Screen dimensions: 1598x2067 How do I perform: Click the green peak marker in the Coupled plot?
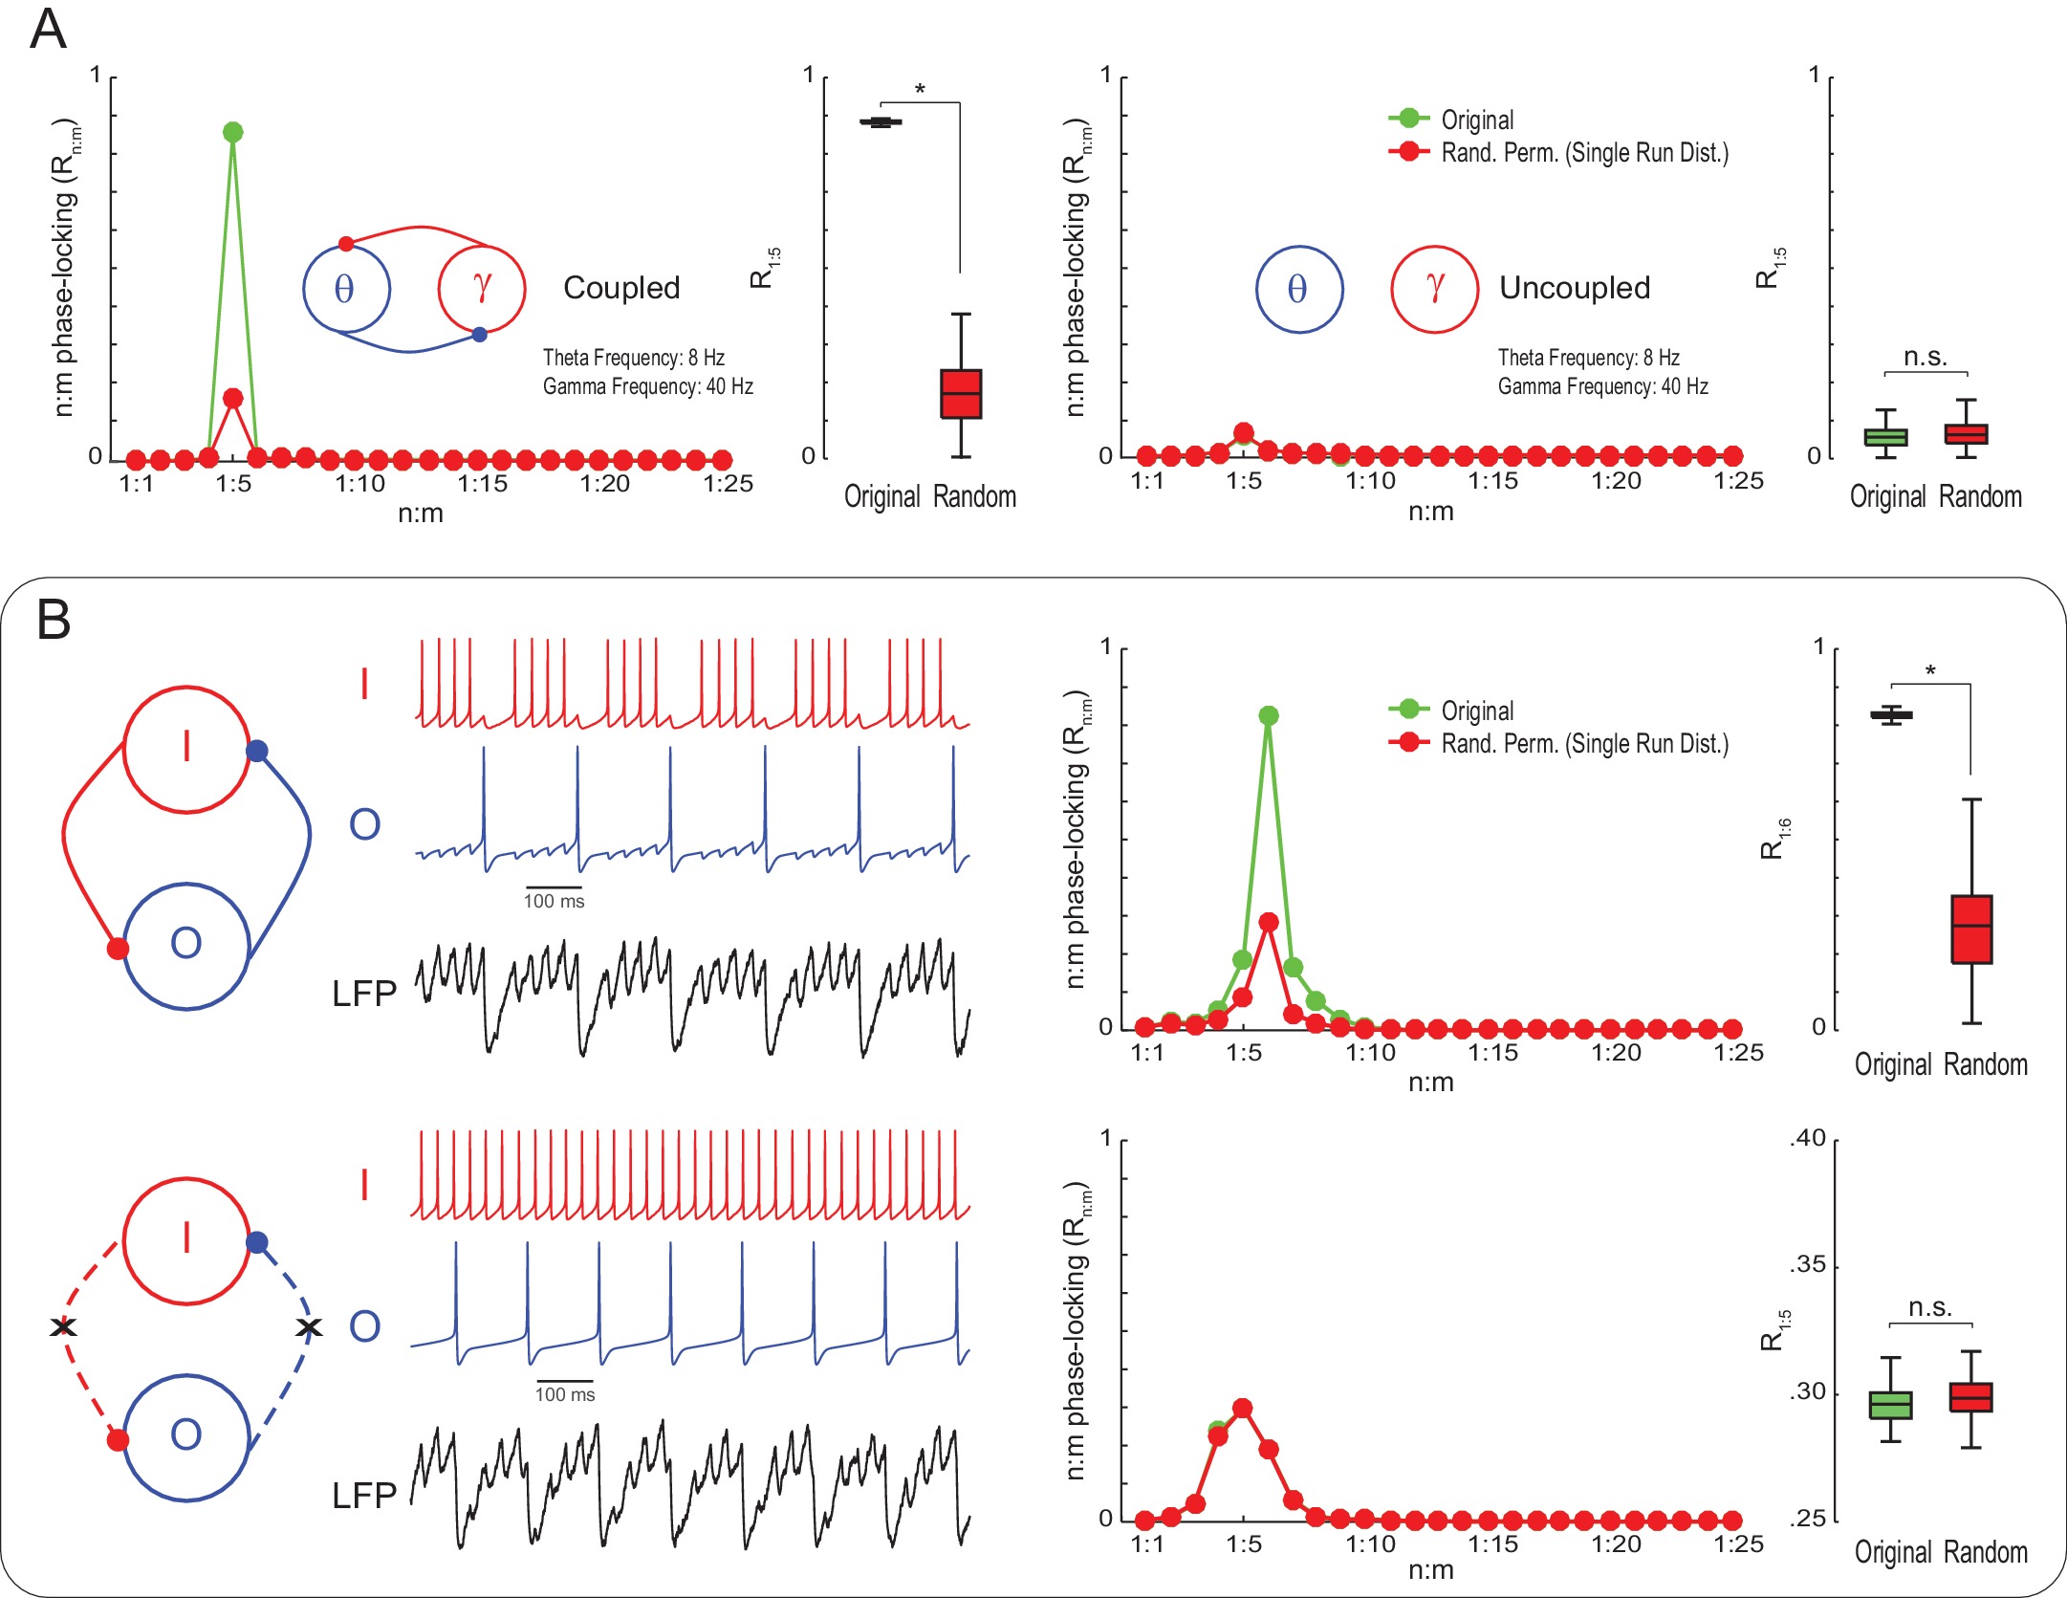(x=232, y=132)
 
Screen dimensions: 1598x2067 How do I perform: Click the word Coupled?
(x=621, y=288)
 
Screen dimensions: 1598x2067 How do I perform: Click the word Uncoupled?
(x=1574, y=288)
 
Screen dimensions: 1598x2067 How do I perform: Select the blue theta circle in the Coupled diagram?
(x=346, y=289)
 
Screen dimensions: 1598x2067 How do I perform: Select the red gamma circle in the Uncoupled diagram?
(x=1434, y=289)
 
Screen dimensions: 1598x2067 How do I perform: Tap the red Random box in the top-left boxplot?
(x=961, y=394)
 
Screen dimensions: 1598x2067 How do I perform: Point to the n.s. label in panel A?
(x=1925, y=358)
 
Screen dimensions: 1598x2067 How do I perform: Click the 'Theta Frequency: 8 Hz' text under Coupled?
(x=633, y=358)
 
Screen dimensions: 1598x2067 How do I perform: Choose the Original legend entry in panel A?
(x=1476, y=120)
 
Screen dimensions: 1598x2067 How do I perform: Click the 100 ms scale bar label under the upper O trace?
(x=554, y=901)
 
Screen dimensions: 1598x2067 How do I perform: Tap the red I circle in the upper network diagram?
(x=186, y=749)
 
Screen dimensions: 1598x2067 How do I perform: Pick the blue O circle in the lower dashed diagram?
(x=186, y=1437)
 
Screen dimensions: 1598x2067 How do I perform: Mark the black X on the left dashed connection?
(x=63, y=1326)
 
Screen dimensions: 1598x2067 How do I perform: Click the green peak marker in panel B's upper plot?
(x=1269, y=715)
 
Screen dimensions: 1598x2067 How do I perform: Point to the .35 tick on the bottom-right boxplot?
(x=1807, y=1265)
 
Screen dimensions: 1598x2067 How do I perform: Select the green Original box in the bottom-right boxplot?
(x=1890, y=1405)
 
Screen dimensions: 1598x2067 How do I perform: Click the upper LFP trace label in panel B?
(x=364, y=995)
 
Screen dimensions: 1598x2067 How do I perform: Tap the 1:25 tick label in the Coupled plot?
(x=728, y=484)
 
